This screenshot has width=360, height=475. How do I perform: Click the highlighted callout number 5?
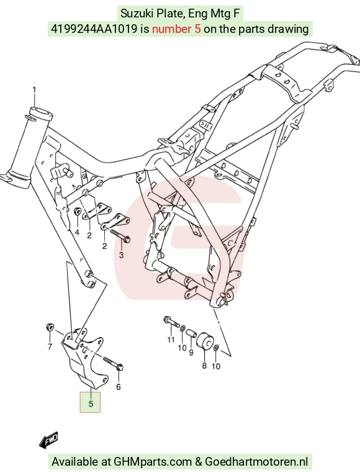tap(91, 404)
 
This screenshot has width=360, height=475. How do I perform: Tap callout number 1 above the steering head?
tap(34, 90)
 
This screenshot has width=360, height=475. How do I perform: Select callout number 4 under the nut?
tap(77, 232)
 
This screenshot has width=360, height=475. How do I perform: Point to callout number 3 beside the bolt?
tap(121, 255)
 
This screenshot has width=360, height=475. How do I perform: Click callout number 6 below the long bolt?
tap(119, 387)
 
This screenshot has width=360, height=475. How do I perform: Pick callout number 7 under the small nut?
tap(50, 346)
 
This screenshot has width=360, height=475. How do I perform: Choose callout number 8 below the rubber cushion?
tap(204, 366)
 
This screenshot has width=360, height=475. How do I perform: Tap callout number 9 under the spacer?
tap(191, 353)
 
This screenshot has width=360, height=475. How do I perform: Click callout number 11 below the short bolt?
tap(171, 340)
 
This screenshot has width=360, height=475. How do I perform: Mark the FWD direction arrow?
tap(49, 440)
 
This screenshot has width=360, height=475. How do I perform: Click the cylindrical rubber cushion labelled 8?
tap(205, 341)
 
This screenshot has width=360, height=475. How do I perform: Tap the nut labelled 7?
tap(50, 327)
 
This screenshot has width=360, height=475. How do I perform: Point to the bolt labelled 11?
tap(171, 322)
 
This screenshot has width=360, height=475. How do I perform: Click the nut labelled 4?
tap(77, 211)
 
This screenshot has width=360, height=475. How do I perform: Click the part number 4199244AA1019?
tap(94, 29)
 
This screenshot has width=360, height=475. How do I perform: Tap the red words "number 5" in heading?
tap(176, 29)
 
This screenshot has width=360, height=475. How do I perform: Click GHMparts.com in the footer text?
tap(153, 462)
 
